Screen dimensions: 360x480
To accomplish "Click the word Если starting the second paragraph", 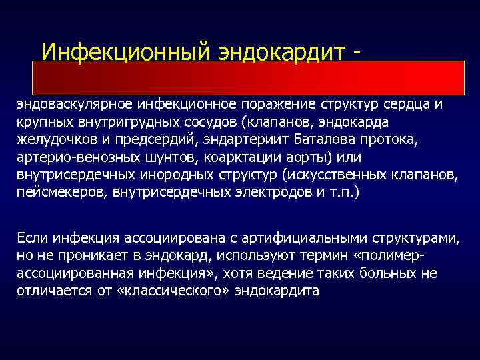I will [31, 239].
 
